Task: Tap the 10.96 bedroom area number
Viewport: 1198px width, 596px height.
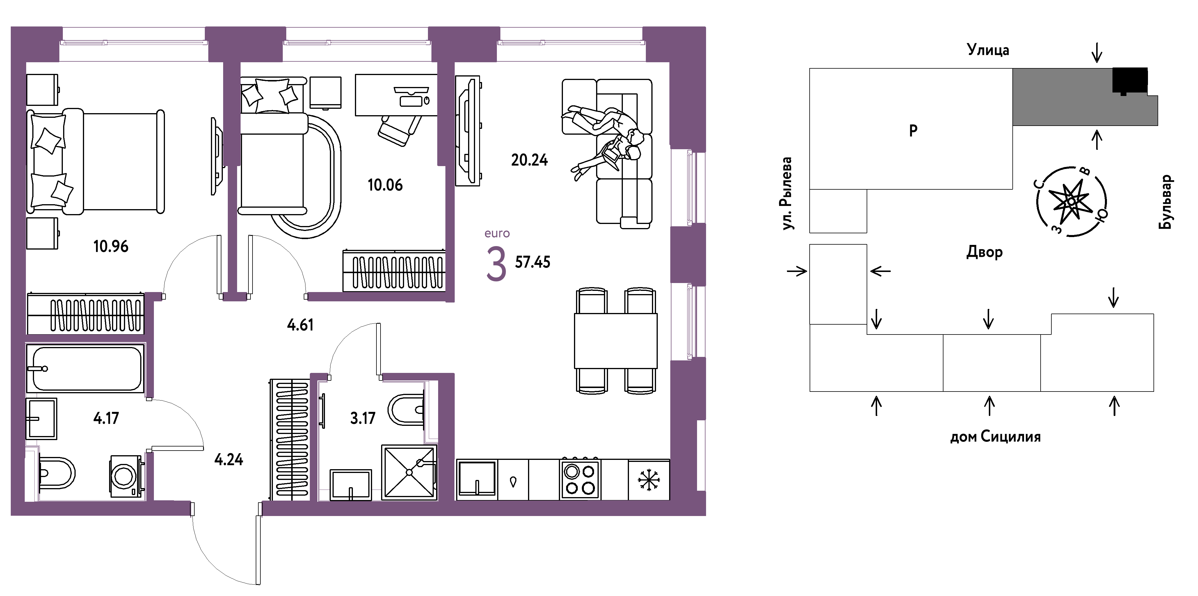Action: (111, 246)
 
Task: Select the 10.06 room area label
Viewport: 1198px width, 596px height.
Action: (385, 185)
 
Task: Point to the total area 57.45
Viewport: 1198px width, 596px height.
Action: (532, 262)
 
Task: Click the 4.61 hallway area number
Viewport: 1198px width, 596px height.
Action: (300, 325)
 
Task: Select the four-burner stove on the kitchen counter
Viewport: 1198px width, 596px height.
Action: (580, 479)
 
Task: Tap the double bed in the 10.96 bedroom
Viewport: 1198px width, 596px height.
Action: (95, 162)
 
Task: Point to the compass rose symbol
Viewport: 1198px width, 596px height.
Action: (1071, 201)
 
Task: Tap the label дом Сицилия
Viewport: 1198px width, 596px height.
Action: (995, 437)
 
